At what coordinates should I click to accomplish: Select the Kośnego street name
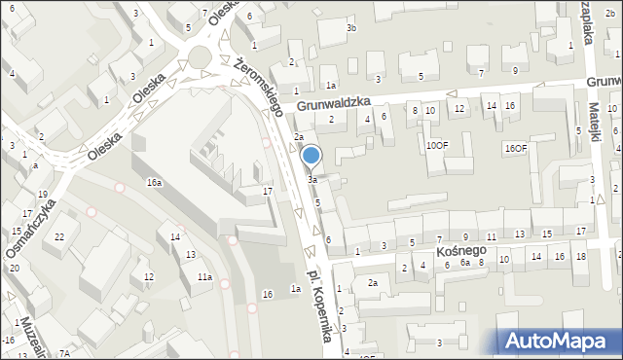(454, 251)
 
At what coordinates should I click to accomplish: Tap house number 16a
(154, 182)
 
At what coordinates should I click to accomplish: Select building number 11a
(204, 277)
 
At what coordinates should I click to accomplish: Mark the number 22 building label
(59, 237)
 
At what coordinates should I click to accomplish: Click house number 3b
(351, 28)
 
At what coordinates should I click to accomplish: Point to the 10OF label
(437, 145)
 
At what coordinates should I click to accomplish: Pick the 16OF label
(515, 148)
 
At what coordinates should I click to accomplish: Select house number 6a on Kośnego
(465, 264)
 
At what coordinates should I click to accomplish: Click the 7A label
(64, 354)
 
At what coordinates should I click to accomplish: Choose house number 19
(42, 195)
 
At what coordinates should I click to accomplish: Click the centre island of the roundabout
(201, 55)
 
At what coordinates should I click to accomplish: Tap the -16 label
(8, 340)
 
